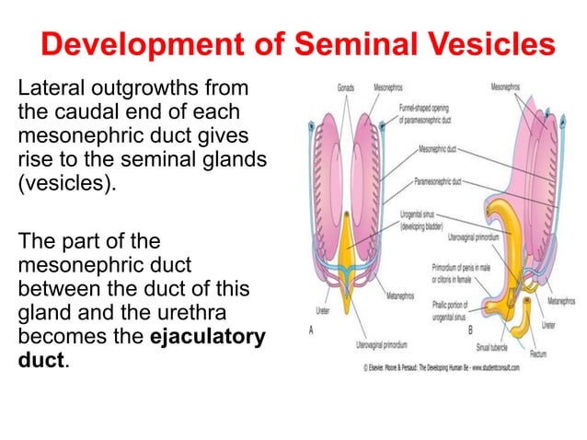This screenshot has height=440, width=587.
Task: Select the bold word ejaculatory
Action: (x=207, y=336)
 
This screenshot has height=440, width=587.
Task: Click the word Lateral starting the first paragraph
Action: (x=49, y=89)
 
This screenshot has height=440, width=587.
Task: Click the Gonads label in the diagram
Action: (x=345, y=87)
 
